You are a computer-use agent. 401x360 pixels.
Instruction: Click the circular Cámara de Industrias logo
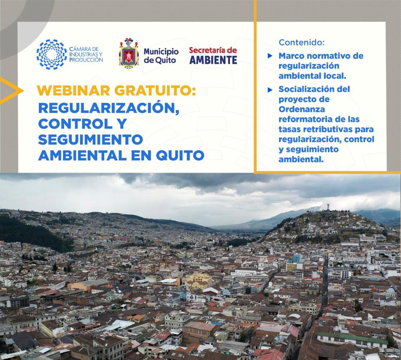click(x=51, y=54)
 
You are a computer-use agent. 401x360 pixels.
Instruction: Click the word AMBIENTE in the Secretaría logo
click(x=213, y=60)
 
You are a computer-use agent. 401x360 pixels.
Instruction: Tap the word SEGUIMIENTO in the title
click(x=90, y=139)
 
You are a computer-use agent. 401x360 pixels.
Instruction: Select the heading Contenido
click(x=302, y=42)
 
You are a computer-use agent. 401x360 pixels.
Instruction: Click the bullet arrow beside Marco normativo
click(x=270, y=56)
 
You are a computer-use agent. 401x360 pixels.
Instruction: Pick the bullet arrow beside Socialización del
click(x=270, y=90)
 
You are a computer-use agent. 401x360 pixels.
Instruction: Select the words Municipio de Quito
click(x=161, y=56)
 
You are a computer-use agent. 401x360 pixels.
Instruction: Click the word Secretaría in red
click(x=213, y=50)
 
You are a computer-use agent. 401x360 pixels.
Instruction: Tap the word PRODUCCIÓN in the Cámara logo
click(x=86, y=60)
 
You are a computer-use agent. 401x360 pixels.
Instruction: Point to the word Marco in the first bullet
click(x=291, y=56)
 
